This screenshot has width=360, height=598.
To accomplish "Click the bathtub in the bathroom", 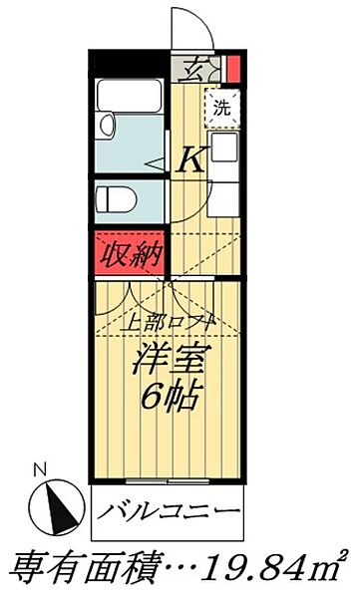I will tap(129, 100).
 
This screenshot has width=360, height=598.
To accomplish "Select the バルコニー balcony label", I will tap(171, 516).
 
